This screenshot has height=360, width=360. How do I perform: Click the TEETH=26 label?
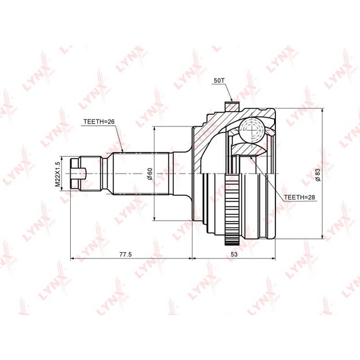coord(99,122)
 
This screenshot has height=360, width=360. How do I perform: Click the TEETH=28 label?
coord(299,197)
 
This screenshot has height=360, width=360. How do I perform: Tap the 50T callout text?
coord(219,80)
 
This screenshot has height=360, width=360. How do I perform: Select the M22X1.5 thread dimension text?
coord(57,174)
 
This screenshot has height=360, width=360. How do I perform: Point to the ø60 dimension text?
coord(150,174)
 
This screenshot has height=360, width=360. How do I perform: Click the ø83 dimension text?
coord(318,175)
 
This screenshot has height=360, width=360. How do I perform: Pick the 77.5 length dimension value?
coord(126,255)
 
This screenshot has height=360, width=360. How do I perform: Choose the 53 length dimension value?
coord(234,255)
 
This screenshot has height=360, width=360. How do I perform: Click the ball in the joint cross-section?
coord(251,130)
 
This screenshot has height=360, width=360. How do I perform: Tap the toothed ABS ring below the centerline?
coord(232,210)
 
